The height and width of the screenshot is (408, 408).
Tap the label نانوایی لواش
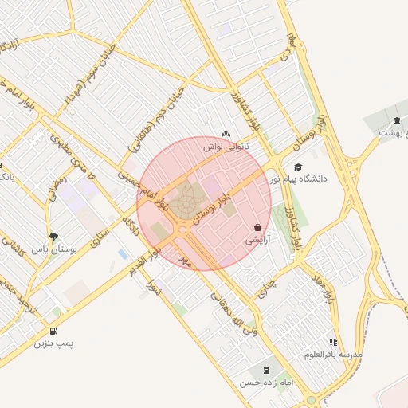(226, 147)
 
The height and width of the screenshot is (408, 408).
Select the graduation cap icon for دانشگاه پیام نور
(298, 167)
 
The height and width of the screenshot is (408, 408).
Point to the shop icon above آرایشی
(257, 227)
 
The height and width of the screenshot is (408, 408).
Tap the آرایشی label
(257, 239)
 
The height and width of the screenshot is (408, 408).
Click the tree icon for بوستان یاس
(53, 237)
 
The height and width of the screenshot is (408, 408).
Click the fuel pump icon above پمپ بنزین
(53, 331)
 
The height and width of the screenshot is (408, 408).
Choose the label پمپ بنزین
(53, 343)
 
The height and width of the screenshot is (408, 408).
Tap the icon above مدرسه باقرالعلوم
(333, 342)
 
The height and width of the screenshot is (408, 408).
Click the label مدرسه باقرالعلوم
(334, 354)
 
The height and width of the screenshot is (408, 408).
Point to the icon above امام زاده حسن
(265, 371)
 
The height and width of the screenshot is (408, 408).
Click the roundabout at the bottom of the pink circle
(182, 230)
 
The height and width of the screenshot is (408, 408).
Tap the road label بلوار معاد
(322, 287)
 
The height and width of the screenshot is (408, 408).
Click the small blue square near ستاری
(122, 253)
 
